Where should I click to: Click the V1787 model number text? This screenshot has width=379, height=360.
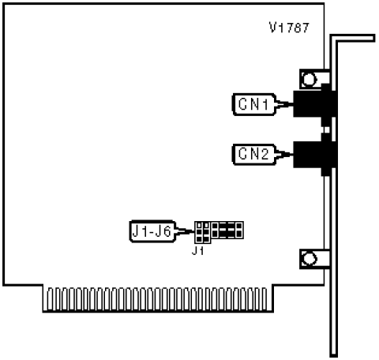[x=289, y=28]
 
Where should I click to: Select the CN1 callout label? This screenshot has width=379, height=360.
[x=254, y=104]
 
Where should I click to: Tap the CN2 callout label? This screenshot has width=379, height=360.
[x=254, y=155]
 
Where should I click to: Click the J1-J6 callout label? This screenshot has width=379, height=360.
[x=152, y=231]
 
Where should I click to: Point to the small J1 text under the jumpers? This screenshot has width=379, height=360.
[x=197, y=251]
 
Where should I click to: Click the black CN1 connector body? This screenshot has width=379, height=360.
[x=315, y=104]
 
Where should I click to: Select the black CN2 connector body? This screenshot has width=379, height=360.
[x=315, y=156]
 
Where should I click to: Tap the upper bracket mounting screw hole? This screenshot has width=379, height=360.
[x=309, y=79]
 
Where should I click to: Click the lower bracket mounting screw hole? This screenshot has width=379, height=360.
[x=309, y=259]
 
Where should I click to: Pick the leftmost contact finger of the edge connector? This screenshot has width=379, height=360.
[x=50, y=299]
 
